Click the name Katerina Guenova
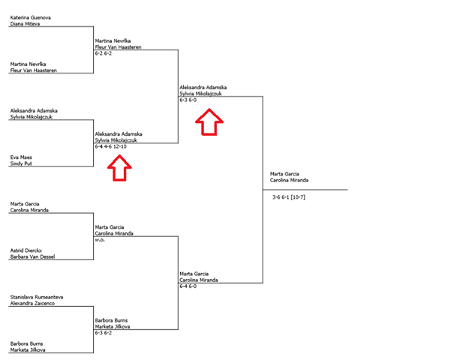point(30,17)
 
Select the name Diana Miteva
point(25,23)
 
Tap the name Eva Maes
point(21,157)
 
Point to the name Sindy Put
point(21,163)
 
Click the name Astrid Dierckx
point(26,250)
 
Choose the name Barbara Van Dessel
point(32,256)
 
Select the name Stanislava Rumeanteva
point(37,297)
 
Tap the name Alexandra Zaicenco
point(32,303)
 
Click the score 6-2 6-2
point(103,53)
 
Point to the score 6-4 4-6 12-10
point(111,146)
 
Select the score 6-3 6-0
point(188,100)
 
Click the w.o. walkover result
point(100,240)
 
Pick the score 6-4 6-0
point(188,286)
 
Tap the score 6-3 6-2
point(103,332)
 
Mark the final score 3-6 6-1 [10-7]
point(289,197)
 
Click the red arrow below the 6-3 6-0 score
point(209,122)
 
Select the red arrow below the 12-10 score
point(119,168)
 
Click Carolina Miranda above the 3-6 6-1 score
point(289,180)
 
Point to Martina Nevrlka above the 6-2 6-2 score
point(113,40)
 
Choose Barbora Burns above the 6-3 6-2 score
point(111,320)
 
